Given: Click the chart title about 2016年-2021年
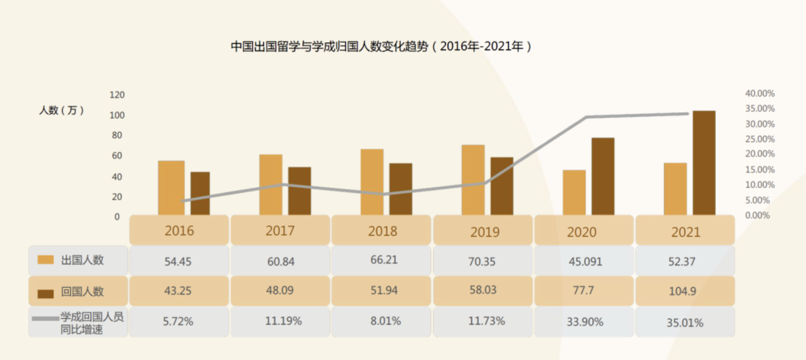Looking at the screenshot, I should click(381, 46).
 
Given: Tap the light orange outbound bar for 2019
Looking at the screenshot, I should click(473, 180).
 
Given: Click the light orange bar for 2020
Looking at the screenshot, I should click(574, 192).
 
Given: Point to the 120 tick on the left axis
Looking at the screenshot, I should click(117, 95).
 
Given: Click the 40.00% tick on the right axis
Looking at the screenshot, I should click(760, 94).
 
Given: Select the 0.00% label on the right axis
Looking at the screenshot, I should click(757, 215).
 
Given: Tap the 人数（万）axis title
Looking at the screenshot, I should click(62, 110).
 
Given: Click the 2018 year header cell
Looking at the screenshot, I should click(382, 231).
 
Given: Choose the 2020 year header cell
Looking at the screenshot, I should click(582, 232).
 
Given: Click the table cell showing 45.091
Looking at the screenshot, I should click(585, 262).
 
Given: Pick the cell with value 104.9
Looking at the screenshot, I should click(682, 291).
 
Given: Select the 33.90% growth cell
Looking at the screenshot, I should click(585, 322).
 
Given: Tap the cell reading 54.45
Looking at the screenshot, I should click(178, 262).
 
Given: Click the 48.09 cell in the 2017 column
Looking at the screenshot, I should click(280, 290).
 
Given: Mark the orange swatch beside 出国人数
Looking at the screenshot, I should click(46, 260).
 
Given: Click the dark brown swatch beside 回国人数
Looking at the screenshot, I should click(46, 294).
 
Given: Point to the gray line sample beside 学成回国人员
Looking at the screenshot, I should click(46, 318).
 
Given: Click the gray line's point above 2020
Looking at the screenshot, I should click(586, 117).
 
